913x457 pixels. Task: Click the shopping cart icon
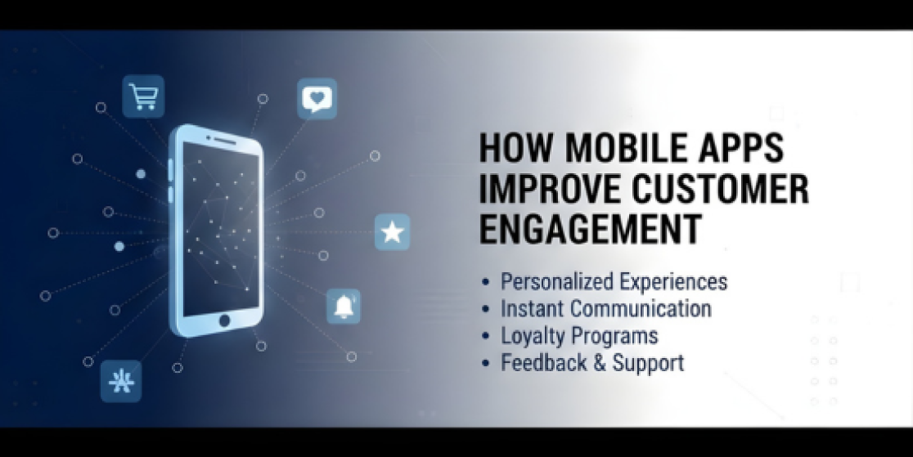point(143,96)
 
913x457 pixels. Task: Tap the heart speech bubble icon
point(317,98)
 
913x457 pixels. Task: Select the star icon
point(392,232)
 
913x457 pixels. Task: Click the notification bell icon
point(344,307)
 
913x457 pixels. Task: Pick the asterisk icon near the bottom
point(121,381)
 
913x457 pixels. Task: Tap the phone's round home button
point(224,320)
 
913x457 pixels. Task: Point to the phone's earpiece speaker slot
point(225,141)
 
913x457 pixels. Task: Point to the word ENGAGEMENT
point(590,229)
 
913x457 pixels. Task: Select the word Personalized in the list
point(554,282)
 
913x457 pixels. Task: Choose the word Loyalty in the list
point(533,337)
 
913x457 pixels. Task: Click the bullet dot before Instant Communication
point(486,309)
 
